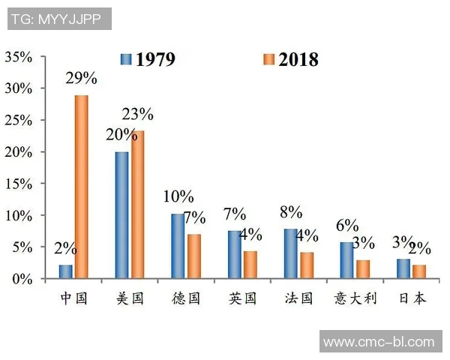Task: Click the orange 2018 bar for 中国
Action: click(x=82, y=187)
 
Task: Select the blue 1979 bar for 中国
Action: click(x=66, y=271)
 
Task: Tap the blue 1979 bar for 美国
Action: click(x=121, y=215)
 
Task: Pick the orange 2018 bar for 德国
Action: click(x=193, y=256)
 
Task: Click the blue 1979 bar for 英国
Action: click(x=235, y=255)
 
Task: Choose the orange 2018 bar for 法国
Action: click(x=306, y=265)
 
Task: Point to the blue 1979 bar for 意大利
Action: click(x=347, y=260)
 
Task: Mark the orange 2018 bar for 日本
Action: click(x=418, y=271)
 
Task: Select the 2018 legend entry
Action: click(x=291, y=59)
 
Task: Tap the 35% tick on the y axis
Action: click(x=19, y=57)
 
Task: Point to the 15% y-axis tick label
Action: click(x=19, y=184)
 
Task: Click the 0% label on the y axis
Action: click(x=22, y=279)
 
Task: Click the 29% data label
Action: click(x=81, y=79)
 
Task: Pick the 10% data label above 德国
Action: click(x=178, y=197)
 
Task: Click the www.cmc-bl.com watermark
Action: click(x=379, y=342)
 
